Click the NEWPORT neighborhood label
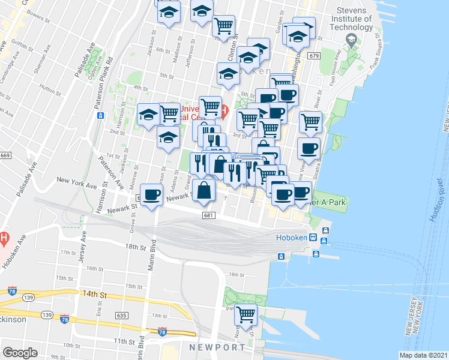coord(217,347)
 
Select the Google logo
coord(20,352)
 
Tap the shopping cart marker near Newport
coord(246,313)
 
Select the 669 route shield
coord(5,155)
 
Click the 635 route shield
coord(121,314)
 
